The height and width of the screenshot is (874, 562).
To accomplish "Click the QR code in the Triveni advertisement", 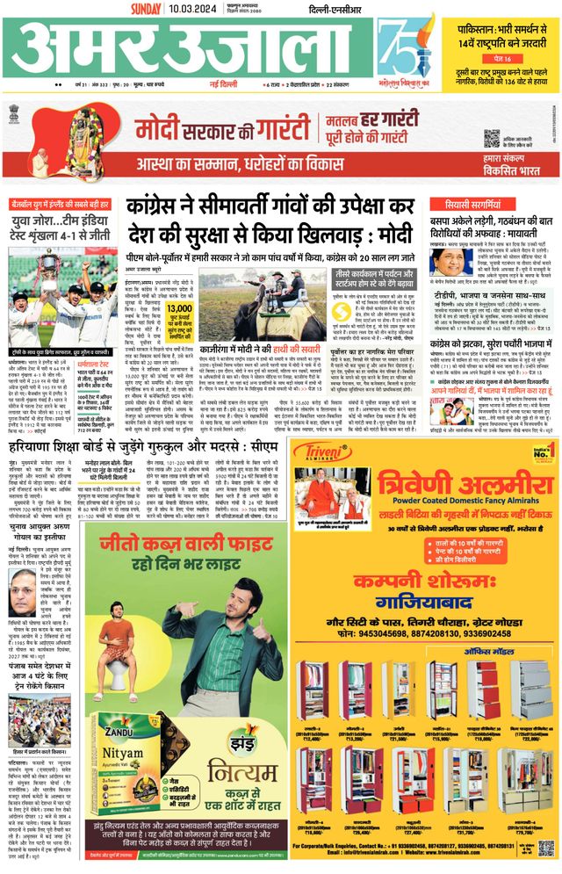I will [x=546, y=848].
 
